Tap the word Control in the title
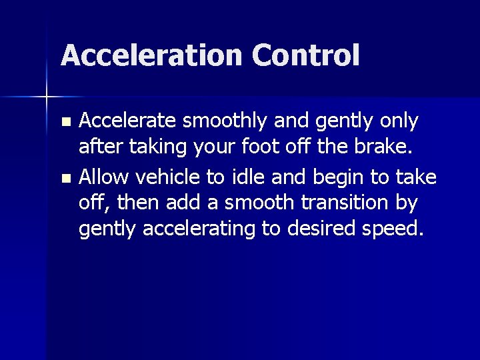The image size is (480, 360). click(x=306, y=55)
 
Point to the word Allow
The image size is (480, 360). click(x=100, y=177)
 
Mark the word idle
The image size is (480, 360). click(x=238, y=177)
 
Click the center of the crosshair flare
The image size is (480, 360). click(x=47, y=98)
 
